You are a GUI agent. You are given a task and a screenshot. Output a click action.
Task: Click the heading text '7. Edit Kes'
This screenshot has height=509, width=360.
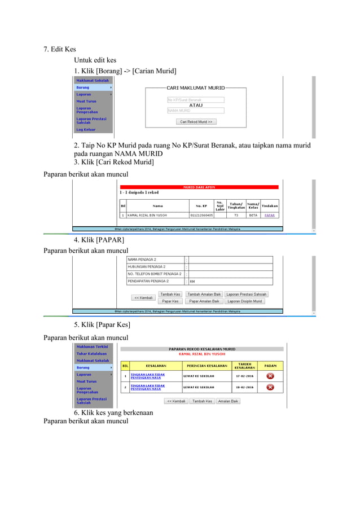point(60,49)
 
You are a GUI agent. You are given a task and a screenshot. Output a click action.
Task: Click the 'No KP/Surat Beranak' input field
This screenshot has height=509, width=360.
point(195,100)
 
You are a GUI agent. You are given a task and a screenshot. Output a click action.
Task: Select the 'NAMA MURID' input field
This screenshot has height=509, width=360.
point(195,111)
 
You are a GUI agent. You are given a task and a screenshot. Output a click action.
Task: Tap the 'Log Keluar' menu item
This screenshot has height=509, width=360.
point(86,129)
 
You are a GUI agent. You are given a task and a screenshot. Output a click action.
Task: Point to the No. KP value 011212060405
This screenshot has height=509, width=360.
point(201,215)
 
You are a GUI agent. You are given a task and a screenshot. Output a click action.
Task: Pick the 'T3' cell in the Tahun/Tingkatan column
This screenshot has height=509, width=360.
point(236,215)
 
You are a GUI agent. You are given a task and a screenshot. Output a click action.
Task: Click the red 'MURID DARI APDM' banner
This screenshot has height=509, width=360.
point(199,187)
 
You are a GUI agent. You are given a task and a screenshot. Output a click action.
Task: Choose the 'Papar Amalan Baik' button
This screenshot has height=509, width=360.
point(204,301)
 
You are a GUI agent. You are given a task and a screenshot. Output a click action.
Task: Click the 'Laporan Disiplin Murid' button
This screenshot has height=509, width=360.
point(245,301)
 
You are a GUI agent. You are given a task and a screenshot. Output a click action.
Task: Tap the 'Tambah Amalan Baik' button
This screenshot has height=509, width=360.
point(203,294)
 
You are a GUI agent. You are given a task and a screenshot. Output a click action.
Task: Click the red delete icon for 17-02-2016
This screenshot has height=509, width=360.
point(270,376)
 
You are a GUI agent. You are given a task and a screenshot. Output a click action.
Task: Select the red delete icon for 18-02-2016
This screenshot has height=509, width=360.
point(270,387)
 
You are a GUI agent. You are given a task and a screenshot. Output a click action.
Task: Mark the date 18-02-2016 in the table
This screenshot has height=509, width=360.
point(245,388)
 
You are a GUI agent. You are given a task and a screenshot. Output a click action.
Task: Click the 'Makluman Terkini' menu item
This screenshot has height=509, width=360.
point(92,346)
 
